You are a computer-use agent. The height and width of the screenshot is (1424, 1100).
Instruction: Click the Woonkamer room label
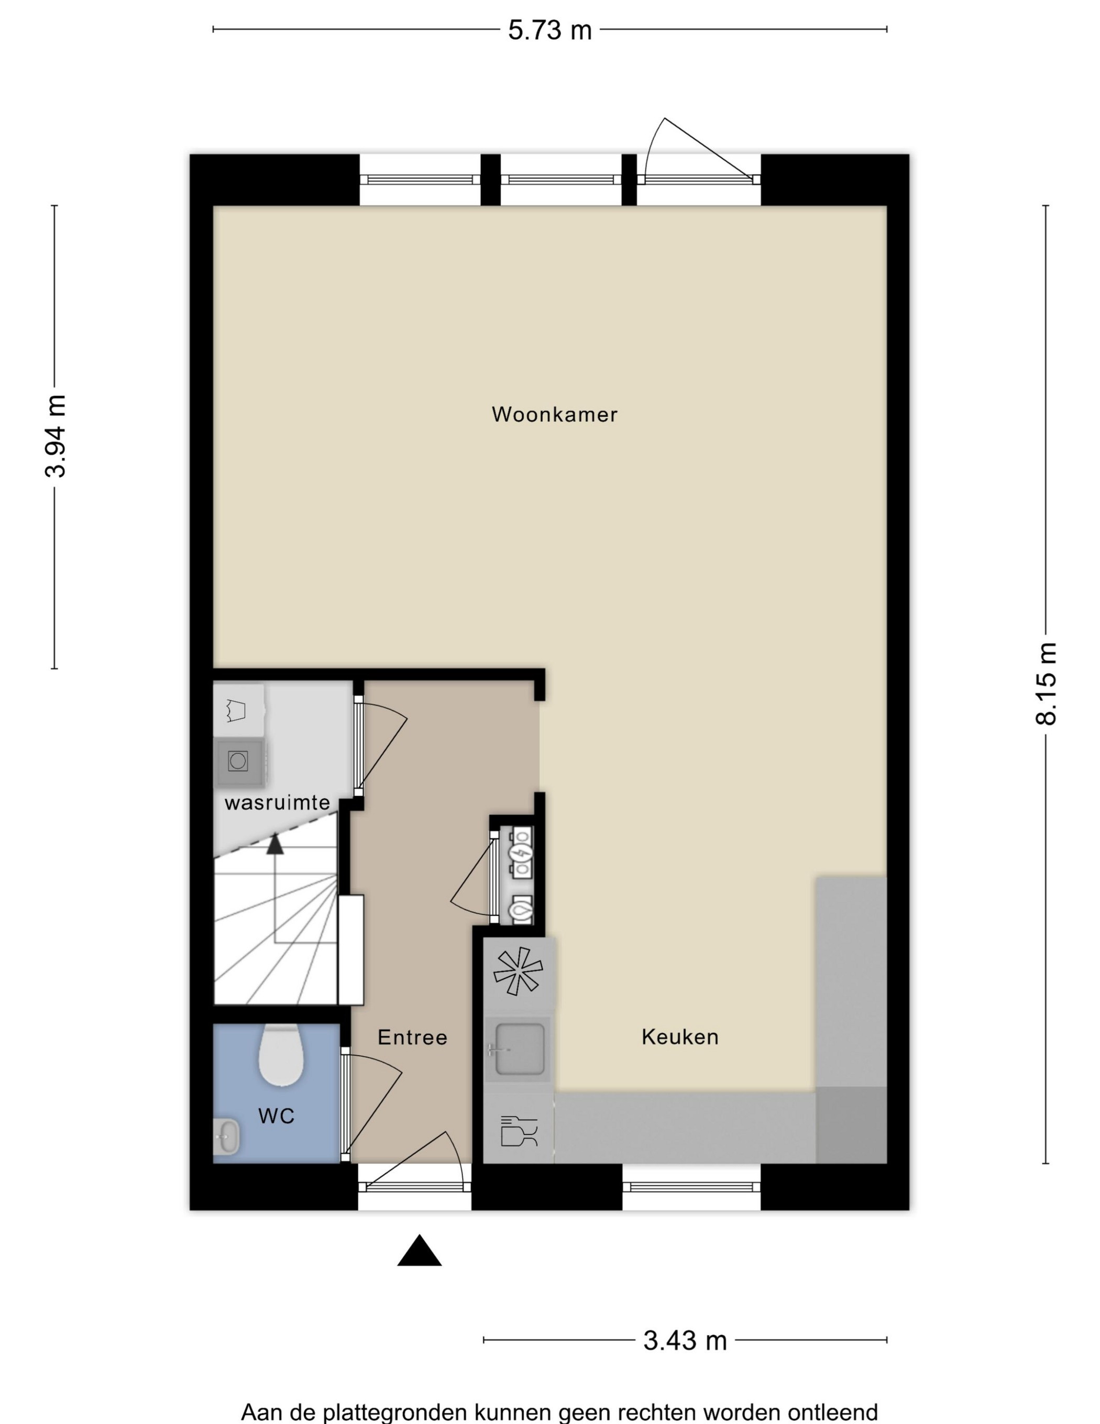click(554, 415)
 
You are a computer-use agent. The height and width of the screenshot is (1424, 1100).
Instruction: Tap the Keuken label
click(680, 1036)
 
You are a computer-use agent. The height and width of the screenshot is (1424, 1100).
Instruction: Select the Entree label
click(412, 1037)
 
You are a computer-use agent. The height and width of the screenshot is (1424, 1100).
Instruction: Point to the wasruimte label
click(277, 803)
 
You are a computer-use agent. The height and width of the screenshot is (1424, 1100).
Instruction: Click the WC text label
click(277, 1116)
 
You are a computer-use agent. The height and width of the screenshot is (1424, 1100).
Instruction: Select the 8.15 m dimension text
click(1047, 683)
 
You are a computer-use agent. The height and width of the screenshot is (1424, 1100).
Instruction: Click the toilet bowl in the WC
click(281, 1054)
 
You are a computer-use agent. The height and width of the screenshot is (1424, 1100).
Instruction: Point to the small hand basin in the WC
click(226, 1136)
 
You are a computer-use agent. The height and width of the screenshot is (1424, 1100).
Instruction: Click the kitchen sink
click(519, 1049)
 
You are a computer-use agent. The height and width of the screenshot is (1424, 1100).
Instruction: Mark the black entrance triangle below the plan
click(419, 1251)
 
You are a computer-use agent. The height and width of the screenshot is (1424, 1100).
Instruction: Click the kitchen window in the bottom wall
click(691, 1187)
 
